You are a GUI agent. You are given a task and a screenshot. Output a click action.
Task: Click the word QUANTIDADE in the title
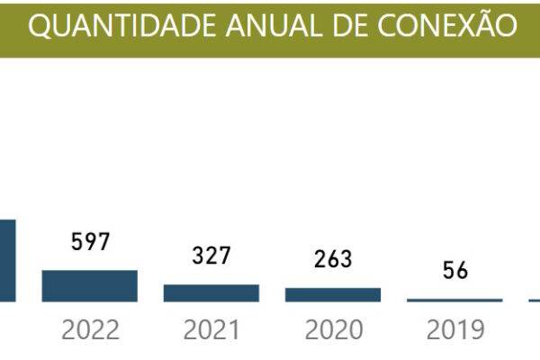point(122,26)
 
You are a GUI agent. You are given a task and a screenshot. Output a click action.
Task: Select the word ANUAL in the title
point(274,25)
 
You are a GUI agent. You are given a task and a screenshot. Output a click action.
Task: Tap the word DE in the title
point(350,25)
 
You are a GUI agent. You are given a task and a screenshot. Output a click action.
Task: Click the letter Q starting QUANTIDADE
point(40,26)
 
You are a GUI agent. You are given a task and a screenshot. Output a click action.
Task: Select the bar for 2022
point(89,286)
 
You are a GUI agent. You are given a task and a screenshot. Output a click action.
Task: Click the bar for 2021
point(211,293)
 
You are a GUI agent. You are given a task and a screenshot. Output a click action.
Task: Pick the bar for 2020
point(333,295)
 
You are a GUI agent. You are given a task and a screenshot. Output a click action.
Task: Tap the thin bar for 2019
point(454,301)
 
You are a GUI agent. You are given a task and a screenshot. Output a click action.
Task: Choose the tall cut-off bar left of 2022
point(7,261)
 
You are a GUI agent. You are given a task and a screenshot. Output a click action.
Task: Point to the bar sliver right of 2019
point(535,301)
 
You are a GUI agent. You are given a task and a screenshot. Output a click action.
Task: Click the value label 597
point(90,241)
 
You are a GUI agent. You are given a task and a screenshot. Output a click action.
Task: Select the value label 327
point(211,256)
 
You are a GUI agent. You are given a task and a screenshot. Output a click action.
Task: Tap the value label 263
point(333,259)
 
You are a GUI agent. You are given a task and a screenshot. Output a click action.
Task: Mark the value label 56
point(454,270)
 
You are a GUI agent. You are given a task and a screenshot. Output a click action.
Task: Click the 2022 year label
point(90,329)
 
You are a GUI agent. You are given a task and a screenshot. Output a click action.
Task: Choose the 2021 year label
point(211,329)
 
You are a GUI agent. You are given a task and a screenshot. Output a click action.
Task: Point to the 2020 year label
point(334,329)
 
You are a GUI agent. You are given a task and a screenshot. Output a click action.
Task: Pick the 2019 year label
point(455,329)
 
